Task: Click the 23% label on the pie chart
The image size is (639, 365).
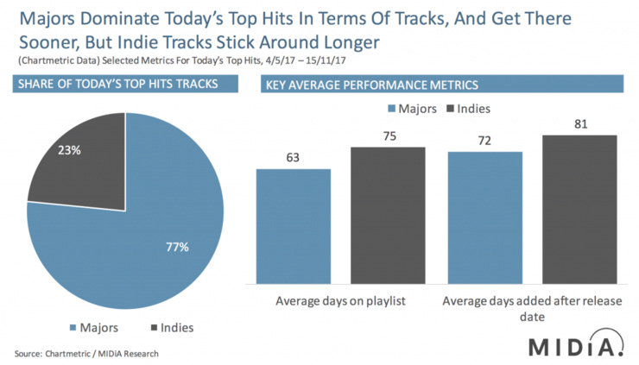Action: [x=70, y=150]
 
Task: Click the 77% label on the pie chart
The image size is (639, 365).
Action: [x=177, y=248]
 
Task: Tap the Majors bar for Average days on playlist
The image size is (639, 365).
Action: [x=294, y=226]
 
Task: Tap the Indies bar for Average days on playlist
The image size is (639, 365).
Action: [x=388, y=216]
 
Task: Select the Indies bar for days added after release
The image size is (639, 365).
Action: [x=579, y=210]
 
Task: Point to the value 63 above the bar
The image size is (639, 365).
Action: [x=294, y=158]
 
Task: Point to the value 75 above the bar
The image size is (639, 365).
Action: [x=388, y=136]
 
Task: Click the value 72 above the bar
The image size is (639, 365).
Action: [x=484, y=141]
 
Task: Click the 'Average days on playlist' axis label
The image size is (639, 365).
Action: [x=340, y=301]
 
